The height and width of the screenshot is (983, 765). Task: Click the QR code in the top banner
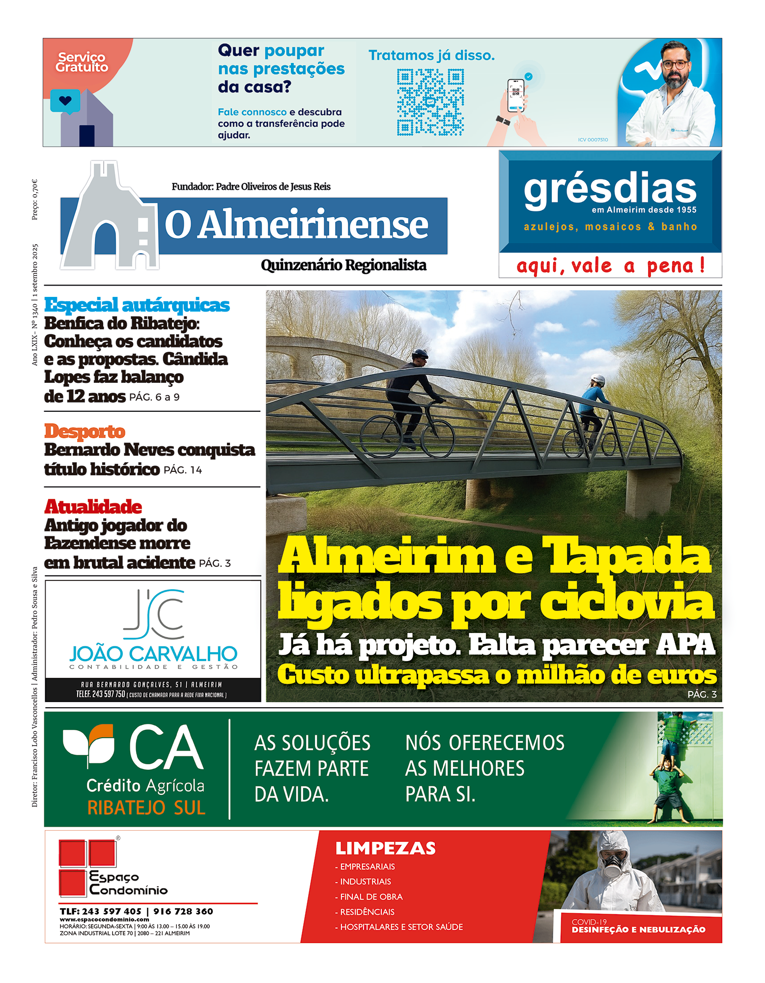tap(430, 102)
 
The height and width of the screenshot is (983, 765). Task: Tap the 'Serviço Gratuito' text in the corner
tap(82, 62)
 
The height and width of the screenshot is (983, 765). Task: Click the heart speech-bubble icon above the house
tap(65, 101)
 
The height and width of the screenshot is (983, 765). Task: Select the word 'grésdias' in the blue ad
tap(610, 189)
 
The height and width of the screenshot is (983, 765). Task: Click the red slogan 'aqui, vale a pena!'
tap(610, 266)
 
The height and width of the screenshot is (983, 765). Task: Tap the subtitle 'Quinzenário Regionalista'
tap(343, 265)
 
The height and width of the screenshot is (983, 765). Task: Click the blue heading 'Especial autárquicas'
tap(137, 305)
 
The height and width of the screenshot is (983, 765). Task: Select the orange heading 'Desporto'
tap(85, 431)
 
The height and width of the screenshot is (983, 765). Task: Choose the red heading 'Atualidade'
tap(93, 506)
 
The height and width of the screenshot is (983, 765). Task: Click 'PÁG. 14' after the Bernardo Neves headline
tap(183, 470)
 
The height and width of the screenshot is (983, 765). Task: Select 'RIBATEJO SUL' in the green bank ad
tap(146, 808)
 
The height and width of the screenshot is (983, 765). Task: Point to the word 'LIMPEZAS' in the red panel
tap(386, 848)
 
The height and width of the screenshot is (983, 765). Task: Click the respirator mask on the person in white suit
tap(612, 870)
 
